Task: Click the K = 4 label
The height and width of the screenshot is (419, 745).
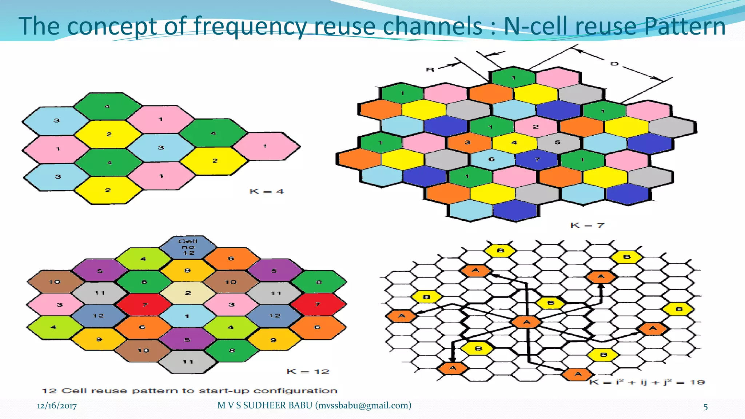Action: click(x=266, y=191)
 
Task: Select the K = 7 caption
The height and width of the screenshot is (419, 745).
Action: click(x=587, y=226)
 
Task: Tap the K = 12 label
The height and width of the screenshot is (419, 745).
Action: click(x=308, y=371)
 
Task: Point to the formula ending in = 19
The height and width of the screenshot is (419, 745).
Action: click(x=647, y=382)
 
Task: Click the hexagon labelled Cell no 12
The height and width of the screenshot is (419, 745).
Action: click(x=188, y=247)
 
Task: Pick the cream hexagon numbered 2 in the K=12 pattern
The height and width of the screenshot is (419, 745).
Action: click(x=188, y=293)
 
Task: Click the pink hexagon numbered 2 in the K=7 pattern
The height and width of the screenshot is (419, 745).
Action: click(x=535, y=127)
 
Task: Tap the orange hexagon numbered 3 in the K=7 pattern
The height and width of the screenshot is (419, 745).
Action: click(x=468, y=142)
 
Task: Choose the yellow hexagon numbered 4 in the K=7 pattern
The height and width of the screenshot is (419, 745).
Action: click(x=514, y=142)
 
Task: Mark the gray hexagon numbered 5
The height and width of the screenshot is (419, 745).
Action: click(x=558, y=142)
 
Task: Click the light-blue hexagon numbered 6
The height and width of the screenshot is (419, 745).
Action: click(x=491, y=159)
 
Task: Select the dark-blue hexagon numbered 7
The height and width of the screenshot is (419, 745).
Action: click(x=537, y=159)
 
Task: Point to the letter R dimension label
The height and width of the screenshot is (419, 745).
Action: click(x=430, y=69)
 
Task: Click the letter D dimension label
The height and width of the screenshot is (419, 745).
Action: click(x=614, y=64)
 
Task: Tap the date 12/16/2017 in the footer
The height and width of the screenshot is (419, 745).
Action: click(x=57, y=406)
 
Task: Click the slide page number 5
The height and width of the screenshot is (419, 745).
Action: click(x=705, y=407)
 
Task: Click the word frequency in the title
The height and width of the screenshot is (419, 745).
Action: click(x=251, y=26)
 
